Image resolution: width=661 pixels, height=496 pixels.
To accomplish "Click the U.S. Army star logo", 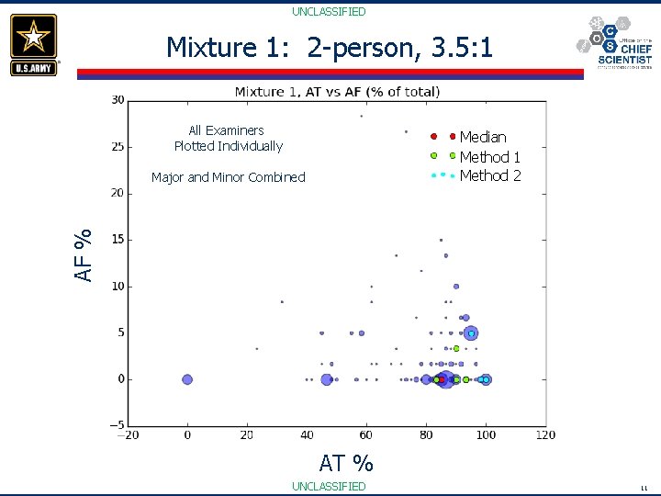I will point(34,43).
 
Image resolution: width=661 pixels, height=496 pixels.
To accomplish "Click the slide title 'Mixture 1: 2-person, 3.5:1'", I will point(330,48).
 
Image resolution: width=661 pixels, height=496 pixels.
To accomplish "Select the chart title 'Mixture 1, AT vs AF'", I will point(337,91).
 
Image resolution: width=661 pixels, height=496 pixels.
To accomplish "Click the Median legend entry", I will point(482,137).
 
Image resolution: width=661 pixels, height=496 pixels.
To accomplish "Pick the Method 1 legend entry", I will point(489,157).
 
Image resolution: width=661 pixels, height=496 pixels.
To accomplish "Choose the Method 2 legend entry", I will point(489,175).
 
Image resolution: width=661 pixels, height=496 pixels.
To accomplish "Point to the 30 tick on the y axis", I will point(118,100).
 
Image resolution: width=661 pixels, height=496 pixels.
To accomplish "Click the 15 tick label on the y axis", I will point(118,240).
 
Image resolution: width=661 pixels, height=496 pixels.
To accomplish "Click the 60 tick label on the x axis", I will point(366,435).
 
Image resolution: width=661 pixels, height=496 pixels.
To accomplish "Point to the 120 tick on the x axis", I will point(545,435).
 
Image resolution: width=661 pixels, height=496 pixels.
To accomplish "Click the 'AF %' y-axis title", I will point(84,254).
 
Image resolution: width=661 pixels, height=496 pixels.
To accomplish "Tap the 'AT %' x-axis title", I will point(345,462).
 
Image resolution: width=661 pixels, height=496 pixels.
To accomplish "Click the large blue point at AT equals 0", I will point(187,379).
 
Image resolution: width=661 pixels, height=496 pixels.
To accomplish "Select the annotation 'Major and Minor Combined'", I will point(228,177).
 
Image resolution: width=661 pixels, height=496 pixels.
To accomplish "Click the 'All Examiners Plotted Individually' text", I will point(228,138).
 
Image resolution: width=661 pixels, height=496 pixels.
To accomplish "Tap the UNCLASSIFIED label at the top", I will point(329,12).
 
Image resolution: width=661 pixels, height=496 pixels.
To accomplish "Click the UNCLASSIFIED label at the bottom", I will point(329,486).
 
